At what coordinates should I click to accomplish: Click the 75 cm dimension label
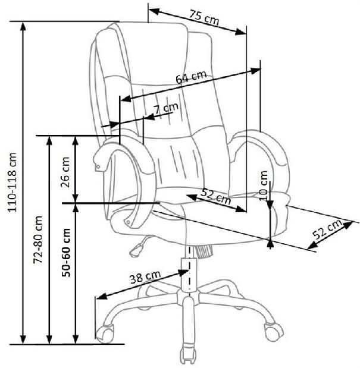click(204, 17)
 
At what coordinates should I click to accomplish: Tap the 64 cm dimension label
click(191, 77)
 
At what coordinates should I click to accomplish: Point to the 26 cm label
click(65, 172)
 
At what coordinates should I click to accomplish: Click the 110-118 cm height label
click(12, 183)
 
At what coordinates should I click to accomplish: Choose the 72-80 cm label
click(38, 240)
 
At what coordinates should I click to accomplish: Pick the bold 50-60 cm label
click(66, 252)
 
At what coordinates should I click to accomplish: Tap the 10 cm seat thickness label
click(264, 185)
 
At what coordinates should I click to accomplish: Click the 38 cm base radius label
click(145, 277)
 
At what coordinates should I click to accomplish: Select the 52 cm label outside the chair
click(327, 229)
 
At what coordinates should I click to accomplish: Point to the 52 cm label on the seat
click(216, 196)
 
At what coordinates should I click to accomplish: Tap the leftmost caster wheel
click(105, 333)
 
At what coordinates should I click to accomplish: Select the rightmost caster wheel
click(274, 332)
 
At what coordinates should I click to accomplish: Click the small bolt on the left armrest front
click(98, 167)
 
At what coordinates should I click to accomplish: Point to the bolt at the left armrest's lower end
click(128, 222)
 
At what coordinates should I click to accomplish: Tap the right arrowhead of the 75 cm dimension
click(241, 32)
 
